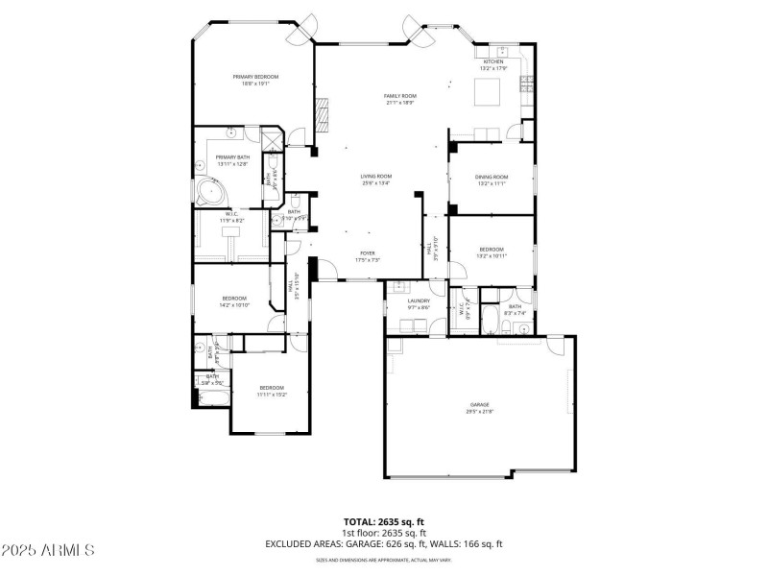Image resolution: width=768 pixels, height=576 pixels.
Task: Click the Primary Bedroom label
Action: click(254, 77)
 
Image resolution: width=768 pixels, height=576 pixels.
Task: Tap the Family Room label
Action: click(399, 96)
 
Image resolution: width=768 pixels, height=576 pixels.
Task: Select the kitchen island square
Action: click(490, 93)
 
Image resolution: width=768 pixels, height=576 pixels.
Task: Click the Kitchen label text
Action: click(492, 61)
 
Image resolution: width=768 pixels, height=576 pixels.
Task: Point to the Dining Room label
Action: click(491, 177)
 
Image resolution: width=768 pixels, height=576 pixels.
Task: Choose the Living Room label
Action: click(375, 176)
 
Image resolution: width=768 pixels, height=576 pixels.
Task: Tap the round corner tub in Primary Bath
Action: click(206, 193)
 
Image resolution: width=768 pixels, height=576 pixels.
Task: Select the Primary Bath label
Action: click(232, 157)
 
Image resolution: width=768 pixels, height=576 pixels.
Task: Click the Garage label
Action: click(479, 405)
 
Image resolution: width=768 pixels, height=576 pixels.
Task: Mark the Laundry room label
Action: click(418, 301)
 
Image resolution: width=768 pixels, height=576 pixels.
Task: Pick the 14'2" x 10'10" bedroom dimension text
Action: click(234, 305)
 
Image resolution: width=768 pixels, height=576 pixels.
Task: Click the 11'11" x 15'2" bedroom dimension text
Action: click(271, 395)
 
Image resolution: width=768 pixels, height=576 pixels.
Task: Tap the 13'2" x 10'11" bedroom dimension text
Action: click(491, 256)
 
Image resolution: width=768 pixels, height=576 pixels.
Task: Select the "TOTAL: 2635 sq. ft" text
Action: click(384, 522)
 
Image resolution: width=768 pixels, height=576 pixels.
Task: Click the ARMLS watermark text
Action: click(48, 550)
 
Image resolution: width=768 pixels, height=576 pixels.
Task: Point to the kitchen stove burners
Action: click(526, 85)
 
